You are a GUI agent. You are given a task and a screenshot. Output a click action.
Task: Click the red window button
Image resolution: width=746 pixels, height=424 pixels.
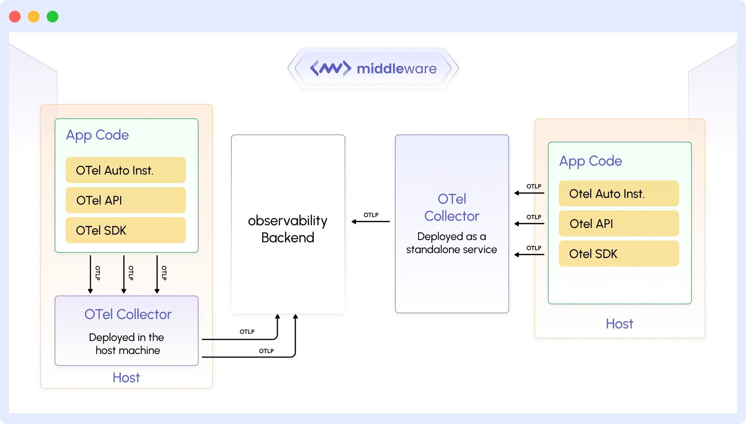(x=15, y=17)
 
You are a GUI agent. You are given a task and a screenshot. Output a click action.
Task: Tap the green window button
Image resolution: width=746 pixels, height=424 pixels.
(x=53, y=17)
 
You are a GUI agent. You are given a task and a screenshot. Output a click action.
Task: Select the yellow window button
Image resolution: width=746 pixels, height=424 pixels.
(x=34, y=17)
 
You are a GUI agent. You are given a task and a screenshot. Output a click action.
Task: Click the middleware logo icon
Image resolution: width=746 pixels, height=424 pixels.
(x=330, y=68)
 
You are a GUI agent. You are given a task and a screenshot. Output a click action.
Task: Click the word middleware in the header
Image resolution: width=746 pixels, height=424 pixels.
(x=396, y=69)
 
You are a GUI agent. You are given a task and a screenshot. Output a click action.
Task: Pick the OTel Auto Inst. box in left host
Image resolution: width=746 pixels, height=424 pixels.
(x=125, y=170)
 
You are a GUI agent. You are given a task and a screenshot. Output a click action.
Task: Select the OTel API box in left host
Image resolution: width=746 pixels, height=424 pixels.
(x=125, y=200)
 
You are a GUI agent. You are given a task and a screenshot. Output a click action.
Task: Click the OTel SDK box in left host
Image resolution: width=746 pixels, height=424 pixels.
(x=125, y=230)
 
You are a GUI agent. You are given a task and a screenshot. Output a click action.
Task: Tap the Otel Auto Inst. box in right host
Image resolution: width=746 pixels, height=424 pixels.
(x=619, y=193)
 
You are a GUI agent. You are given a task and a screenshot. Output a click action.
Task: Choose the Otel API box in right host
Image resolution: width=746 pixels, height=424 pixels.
(x=619, y=223)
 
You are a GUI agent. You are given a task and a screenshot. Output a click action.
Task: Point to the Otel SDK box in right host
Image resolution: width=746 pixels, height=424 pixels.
(x=619, y=254)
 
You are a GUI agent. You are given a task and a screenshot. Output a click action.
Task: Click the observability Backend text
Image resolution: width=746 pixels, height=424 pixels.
(x=288, y=229)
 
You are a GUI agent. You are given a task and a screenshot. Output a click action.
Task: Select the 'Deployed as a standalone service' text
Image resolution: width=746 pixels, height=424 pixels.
(x=452, y=243)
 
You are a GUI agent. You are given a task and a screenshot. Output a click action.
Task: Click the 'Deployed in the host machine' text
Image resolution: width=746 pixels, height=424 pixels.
(x=127, y=344)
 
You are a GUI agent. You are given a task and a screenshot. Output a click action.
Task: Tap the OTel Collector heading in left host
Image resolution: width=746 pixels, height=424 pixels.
(x=128, y=314)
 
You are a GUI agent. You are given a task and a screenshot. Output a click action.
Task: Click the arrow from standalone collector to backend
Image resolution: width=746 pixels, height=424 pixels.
(x=371, y=222)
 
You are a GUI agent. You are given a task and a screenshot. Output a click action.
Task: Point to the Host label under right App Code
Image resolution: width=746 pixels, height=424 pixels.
(x=619, y=323)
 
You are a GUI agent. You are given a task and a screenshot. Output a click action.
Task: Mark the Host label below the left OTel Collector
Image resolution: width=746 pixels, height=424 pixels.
(x=126, y=377)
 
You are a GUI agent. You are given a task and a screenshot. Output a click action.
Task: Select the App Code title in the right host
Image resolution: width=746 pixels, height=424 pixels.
(x=590, y=161)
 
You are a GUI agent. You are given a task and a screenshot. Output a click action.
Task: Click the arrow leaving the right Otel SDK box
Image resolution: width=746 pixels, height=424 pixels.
(x=530, y=254)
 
